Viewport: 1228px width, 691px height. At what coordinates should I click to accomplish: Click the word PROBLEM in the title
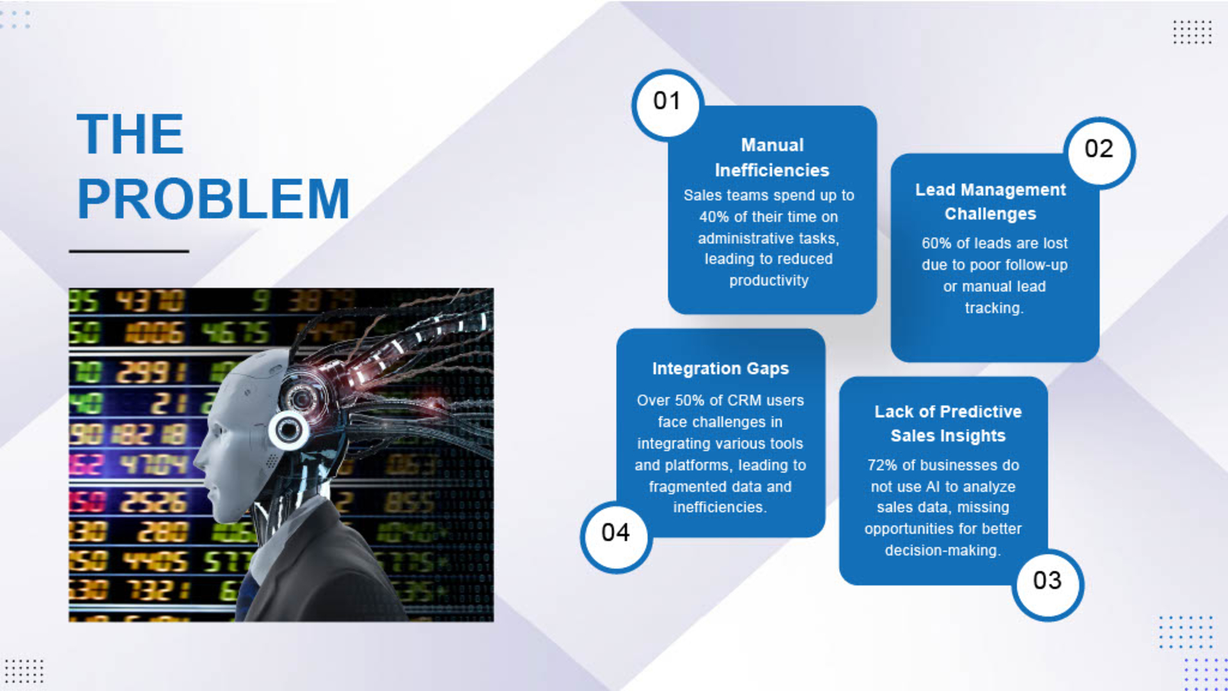point(213,198)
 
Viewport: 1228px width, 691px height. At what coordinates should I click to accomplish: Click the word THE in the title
point(130,134)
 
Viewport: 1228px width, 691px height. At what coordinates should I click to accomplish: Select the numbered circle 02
point(1099,152)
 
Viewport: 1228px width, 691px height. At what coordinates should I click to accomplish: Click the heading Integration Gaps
point(720,369)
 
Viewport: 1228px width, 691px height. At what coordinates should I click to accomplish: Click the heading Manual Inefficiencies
point(772,157)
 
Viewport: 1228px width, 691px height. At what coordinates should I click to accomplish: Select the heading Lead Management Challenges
point(991,202)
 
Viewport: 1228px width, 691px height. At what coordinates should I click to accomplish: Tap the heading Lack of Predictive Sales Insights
point(948,424)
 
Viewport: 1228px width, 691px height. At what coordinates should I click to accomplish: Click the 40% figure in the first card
point(714,217)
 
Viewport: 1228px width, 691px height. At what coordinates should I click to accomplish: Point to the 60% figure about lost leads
point(936,243)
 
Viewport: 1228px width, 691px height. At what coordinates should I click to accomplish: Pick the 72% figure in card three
point(882,465)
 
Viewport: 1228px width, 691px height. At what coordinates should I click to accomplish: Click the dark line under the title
point(129,251)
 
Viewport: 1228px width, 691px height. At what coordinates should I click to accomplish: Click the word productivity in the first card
point(769,280)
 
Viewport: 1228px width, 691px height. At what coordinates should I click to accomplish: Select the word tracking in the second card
point(994,308)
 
